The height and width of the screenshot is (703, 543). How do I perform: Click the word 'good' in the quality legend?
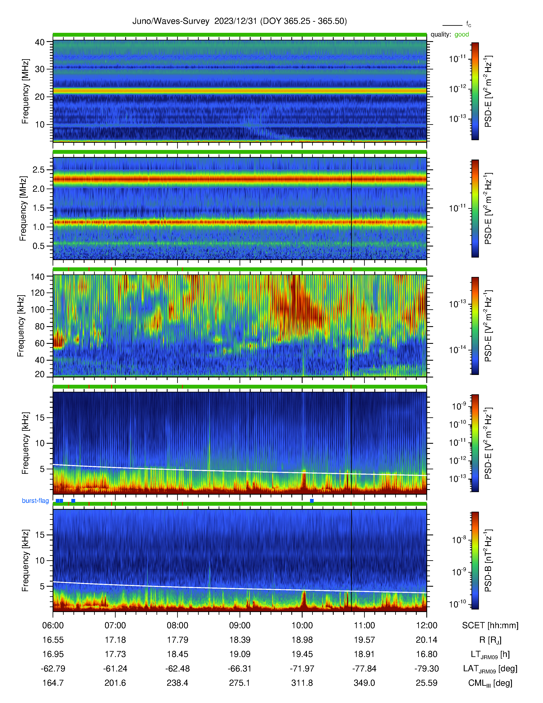(x=462, y=35)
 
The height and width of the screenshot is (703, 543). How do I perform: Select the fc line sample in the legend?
(x=452, y=25)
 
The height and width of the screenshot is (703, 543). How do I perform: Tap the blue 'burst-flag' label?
(x=35, y=501)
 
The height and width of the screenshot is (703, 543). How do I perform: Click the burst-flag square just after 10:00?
(x=312, y=501)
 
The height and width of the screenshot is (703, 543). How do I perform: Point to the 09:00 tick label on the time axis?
(x=240, y=625)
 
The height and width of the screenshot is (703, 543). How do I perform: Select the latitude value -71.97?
(x=302, y=668)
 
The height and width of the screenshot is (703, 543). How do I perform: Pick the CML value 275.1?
(x=240, y=683)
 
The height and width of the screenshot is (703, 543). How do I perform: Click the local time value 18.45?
(x=178, y=654)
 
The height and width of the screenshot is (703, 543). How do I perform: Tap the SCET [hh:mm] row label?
(x=490, y=625)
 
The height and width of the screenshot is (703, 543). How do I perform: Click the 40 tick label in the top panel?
(x=40, y=42)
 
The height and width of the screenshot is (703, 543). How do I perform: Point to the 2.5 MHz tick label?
(x=39, y=170)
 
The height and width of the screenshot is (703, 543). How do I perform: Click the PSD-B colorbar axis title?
(x=488, y=560)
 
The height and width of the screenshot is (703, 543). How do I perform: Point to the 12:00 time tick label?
(x=427, y=625)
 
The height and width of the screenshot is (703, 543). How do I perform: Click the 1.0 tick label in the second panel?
(x=39, y=227)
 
